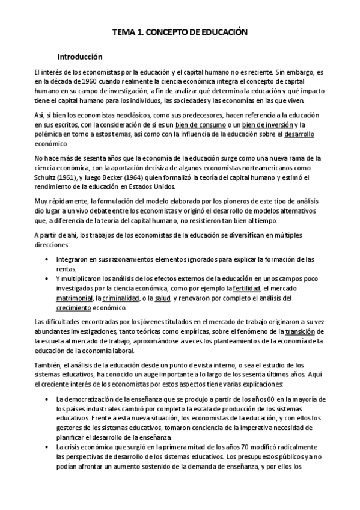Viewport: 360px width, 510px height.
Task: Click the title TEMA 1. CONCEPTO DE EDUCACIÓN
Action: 180,35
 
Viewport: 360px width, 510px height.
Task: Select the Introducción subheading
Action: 80,58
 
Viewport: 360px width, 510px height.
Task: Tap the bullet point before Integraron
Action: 47,259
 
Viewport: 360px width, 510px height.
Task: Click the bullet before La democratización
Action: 47,399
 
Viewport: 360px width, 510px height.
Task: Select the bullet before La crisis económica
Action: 47,448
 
